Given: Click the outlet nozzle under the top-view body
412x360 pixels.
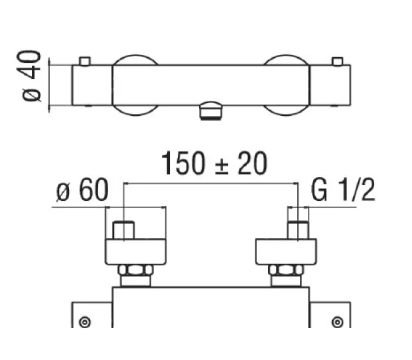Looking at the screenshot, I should (x=212, y=110).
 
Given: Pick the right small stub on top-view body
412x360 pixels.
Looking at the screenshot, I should (x=338, y=62).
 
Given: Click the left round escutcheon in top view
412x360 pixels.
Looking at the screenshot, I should (x=136, y=85).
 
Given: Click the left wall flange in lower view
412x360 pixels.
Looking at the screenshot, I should (x=136, y=252).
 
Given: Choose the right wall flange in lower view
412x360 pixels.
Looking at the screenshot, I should (x=286, y=252).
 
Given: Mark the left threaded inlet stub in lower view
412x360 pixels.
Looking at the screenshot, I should (x=124, y=231).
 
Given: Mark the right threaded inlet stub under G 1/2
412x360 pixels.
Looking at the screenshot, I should (x=298, y=231).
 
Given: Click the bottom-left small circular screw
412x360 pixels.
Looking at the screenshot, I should (x=84, y=322).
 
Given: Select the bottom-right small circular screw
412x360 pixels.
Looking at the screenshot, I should (x=338, y=322).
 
